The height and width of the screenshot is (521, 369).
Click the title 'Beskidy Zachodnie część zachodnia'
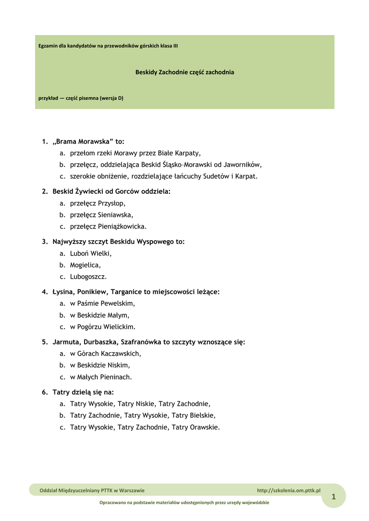(184, 72)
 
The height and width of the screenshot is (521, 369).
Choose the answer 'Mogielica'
(85, 265)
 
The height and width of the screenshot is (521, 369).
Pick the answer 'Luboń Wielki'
(91, 253)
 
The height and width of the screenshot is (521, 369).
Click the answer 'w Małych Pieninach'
(101, 377)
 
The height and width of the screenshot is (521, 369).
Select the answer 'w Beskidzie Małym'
(99, 315)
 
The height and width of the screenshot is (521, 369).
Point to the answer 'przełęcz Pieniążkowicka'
(108, 226)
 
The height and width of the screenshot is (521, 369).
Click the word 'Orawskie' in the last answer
(204, 427)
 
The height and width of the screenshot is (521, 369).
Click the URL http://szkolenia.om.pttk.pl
(289, 490)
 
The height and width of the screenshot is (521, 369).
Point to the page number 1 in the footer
(333, 497)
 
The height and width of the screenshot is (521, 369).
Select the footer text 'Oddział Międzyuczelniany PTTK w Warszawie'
(92, 490)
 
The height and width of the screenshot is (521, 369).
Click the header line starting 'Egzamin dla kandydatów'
(108, 46)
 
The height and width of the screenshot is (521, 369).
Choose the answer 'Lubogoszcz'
(88, 277)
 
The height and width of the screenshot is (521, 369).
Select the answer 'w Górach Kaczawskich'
(105, 353)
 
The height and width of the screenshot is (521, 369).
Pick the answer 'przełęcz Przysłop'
(97, 203)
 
